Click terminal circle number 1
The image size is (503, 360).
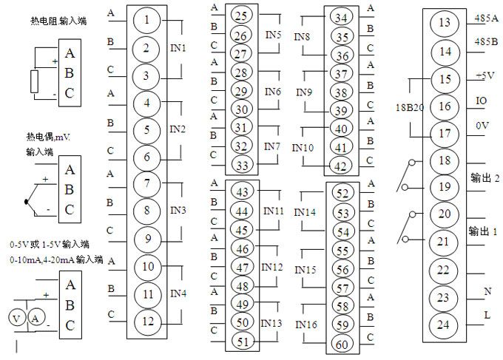(x=146, y=20)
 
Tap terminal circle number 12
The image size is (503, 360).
(x=147, y=322)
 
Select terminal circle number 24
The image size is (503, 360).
(x=443, y=325)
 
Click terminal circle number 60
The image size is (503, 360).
(x=342, y=344)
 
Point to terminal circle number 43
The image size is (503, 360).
(x=242, y=191)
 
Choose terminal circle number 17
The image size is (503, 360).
(x=445, y=134)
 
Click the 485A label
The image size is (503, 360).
(x=486, y=18)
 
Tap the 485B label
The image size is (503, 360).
(x=486, y=41)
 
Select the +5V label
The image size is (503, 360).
(x=485, y=76)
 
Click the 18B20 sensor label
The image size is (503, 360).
(x=410, y=107)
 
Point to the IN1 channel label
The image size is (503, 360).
(x=178, y=48)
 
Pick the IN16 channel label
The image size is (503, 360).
(x=306, y=325)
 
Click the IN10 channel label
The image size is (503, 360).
(x=303, y=148)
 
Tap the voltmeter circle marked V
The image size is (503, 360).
(x=16, y=319)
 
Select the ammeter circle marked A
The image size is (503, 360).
(x=36, y=319)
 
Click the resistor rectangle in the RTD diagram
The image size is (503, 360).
(x=34, y=81)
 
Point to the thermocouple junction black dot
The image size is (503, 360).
(x=26, y=202)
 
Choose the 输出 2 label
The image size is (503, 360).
(x=485, y=177)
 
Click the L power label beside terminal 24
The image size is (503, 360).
(x=487, y=315)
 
